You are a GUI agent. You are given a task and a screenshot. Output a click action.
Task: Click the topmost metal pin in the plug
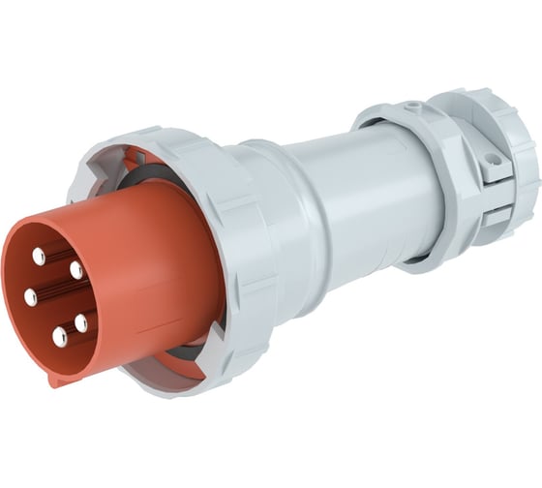coord(40,256)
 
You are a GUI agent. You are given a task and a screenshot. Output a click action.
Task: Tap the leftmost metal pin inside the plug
coord(31,297)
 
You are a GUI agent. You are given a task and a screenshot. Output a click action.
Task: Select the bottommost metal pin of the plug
coord(60,337)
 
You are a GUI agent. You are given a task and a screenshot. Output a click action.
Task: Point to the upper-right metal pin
coord(76,271)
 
